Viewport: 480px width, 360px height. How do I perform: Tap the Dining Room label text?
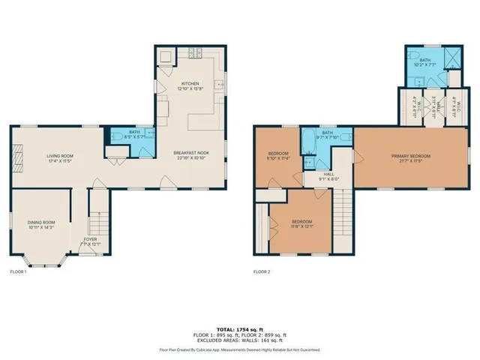(x=42, y=224)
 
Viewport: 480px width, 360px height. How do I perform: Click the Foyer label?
(x=90, y=241)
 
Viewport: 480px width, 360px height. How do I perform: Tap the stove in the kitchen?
(x=166, y=56)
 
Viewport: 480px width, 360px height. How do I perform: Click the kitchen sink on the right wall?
(x=220, y=85)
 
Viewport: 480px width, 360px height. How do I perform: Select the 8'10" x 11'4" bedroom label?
(x=278, y=156)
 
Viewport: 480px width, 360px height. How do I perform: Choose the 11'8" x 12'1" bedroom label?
(x=301, y=223)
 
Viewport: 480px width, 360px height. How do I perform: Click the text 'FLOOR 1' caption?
(x=18, y=271)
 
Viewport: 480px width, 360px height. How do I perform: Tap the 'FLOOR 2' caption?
(x=262, y=271)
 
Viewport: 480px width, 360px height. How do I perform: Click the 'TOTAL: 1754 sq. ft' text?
(x=239, y=329)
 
